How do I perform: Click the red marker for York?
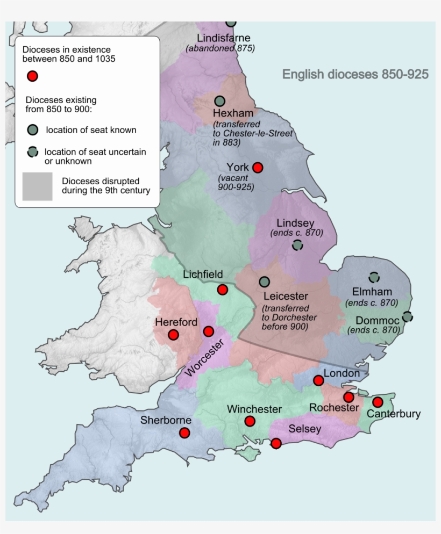[x=258, y=168]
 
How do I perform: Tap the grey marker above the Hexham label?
[x=219, y=101]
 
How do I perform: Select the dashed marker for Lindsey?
[x=297, y=245]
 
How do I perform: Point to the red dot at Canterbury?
[x=378, y=402]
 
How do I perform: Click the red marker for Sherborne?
[x=184, y=432]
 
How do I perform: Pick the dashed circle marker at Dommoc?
[x=407, y=316]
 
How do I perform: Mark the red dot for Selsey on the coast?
[x=276, y=443]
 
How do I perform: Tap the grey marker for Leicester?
[x=264, y=282]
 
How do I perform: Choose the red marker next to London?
[x=318, y=380]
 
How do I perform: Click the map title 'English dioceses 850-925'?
[x=355, y=75]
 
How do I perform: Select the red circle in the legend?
[x=32, y=76]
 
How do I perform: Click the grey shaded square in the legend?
[x=37, y=186]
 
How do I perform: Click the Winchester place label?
[x=254, y=409]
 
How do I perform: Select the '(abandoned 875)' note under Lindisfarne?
[x=220, y=48]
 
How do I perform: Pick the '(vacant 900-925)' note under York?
[x=236, y=182]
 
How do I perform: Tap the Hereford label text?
[x=176, y=322]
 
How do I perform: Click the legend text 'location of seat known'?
[x=91, y=129]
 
